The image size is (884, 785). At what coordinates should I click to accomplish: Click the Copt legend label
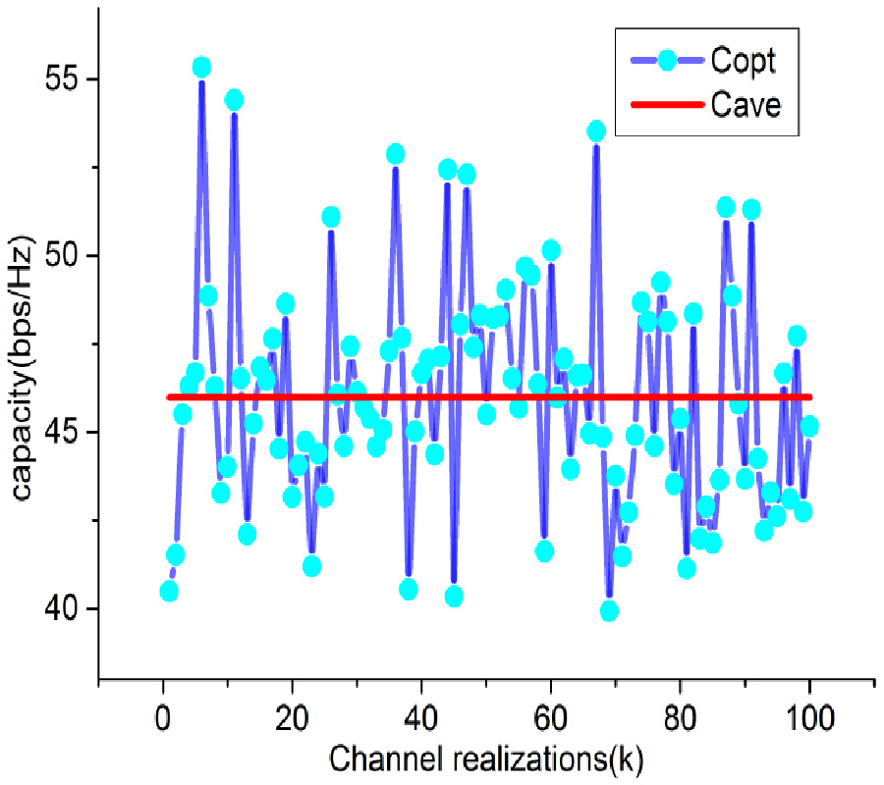click(744, 61)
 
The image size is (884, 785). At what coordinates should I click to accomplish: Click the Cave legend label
click(746, 104)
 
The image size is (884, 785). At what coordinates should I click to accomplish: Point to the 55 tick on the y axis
click(60, 79)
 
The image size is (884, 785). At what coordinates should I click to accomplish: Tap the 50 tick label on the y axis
click(60, 256)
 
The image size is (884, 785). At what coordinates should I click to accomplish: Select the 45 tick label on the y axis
click(60, 433)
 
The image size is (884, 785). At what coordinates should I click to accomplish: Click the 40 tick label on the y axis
click(60, 609)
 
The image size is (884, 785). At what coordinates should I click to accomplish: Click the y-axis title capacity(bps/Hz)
click(26, 372)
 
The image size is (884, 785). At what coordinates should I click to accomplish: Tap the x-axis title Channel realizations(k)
click(485, 759)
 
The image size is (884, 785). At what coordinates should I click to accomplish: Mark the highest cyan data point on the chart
click(201, 68)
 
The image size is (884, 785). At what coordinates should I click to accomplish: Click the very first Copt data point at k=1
click(169, 591)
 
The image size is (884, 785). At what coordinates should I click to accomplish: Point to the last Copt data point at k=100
click(809, 426)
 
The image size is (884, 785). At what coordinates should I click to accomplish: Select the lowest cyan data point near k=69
click(609, 610)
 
